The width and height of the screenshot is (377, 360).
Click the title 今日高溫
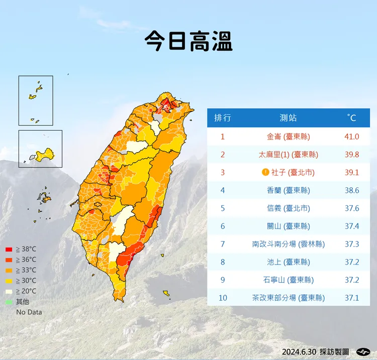[189, 41]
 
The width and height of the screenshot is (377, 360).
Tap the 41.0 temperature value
[351, 137]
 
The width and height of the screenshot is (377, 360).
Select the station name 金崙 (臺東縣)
[288, 137]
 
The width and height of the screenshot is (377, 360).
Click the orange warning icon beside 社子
[266, 172]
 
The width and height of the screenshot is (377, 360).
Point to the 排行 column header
[223, 118]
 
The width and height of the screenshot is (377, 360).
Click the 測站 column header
[288, 118]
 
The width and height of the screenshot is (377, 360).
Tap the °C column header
[351, 118]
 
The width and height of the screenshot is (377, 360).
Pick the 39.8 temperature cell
[351, 155]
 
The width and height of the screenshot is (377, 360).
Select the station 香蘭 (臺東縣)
[288, 190]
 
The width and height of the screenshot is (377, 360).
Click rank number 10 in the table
[223, 298]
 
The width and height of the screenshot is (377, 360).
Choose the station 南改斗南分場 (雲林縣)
[288, 244]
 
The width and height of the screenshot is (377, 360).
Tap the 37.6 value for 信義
[351, 208]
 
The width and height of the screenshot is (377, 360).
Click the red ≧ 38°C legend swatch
[9, 249]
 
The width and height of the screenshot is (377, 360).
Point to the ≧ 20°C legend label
[26, 291]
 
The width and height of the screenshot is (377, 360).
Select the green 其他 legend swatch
[9, 302]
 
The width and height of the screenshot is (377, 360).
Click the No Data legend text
[29, 312]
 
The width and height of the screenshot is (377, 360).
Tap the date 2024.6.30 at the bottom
[299, 351]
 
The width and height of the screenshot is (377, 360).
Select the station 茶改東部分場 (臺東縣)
[288, 298]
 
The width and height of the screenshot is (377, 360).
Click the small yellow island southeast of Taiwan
[166, 293]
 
